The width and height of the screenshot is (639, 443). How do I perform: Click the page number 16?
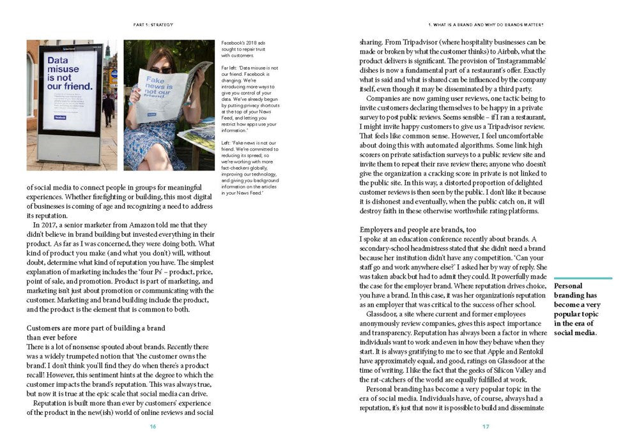[153, 426]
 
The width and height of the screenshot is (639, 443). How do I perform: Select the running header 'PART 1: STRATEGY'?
[153, 25]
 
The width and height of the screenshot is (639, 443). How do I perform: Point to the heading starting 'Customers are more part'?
[96, 327]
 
